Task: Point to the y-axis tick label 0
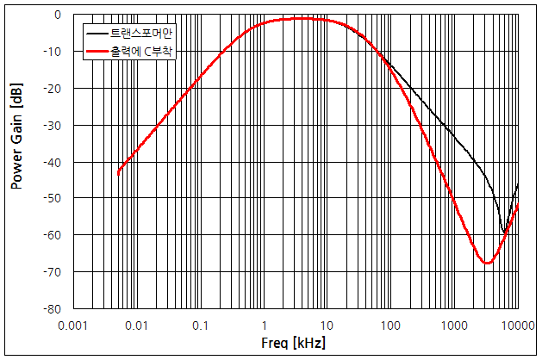[x=57, y=15]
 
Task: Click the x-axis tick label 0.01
[x=136, y=326]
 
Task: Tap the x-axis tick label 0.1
[x=200, y=326]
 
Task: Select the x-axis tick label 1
[x=264, y=326]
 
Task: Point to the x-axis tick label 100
[x=390, y=326]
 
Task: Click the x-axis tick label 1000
[x=454, y=326]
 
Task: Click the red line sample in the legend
[x=95, y=53]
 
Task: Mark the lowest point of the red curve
[x=487, y=263]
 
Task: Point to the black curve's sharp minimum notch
[x=504, y=232]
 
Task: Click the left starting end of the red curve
[x=118, y=174]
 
